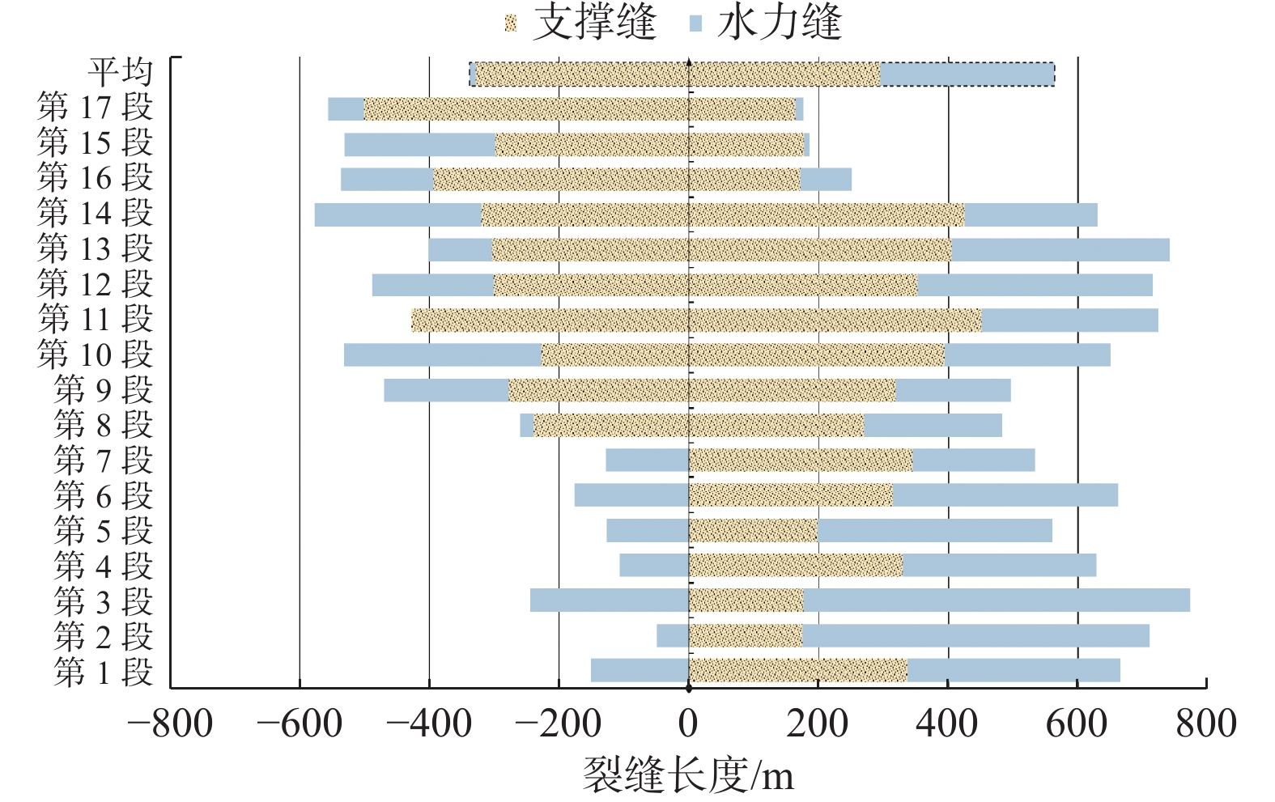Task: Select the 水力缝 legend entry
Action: click(766, 22)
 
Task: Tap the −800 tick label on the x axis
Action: click(171, 723)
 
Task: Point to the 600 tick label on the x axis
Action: click(1077, 723)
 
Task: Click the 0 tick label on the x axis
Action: click(688, 723)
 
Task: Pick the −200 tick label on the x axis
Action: click(558, 723)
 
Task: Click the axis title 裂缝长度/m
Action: click(688, 775)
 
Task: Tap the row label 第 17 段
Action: click(95, 108)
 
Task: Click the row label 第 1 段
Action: click(103, 672)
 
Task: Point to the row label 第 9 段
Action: click(103, 390)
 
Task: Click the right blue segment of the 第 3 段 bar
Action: click(997, 600)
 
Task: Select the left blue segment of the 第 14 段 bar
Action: click(397, 214)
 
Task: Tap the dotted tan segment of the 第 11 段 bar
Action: click(696, 320)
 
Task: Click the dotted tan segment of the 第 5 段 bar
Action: click(753, 531)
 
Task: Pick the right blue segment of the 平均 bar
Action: click(967, 74)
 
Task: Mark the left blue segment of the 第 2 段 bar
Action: click(673, 636)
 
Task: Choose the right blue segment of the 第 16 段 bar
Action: click(826, 180)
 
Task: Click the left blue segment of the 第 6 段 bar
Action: click(631, 495)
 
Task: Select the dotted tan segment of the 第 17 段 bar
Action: click(580, 109)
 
